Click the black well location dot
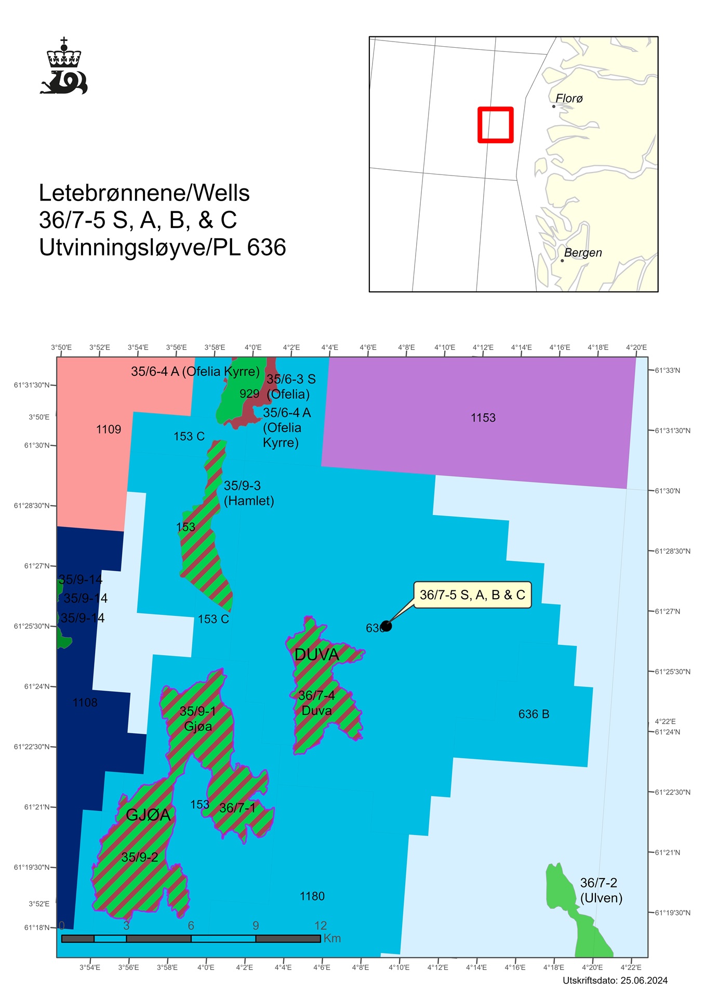click(x=386, y=626)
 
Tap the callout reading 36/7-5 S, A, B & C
click(x=472, y=595)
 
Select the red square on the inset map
click(x=496, y=125)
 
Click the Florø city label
click(x=569, y=98)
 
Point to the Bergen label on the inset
click(x=583, y=253)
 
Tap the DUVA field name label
click(x=316, y=655)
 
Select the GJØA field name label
click(x=148, y=815)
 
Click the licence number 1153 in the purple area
click(x=483, y=418)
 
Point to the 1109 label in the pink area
click(x=109, y=429)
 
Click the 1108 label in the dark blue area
click(x=85, y=703)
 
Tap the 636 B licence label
click(x=534, y=714)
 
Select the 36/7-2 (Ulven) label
click(x=601, y=890)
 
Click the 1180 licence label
click(x=312, y=896)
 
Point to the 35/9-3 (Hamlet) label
click(x=248, y=493)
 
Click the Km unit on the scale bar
click(x=332, y=938)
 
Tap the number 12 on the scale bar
click(x=321, y=925)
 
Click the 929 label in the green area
click(x=249, y=394)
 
